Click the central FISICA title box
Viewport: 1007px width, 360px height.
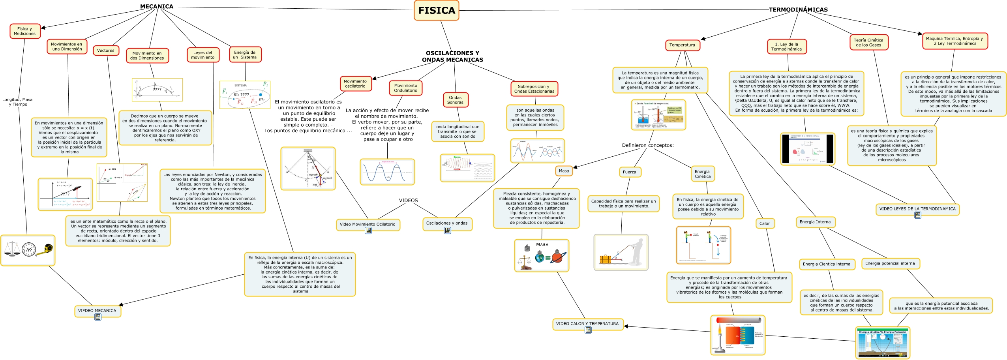[x=436, y=11]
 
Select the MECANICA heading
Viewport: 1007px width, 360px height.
[x=157, y=6]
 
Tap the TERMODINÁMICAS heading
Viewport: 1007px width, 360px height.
[x=798, y=9]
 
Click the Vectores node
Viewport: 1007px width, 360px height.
[x=106, y=51]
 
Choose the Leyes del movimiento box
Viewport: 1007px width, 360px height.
[x=203, y=55]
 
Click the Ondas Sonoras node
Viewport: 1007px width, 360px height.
[x=455, y=100]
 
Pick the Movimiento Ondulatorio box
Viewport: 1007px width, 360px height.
[x=405, y=88]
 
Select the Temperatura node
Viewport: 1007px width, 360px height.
[x=682, y=45]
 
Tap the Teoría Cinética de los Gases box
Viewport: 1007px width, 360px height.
[x=868, y=43]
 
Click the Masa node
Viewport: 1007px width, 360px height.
[x=564, y=171]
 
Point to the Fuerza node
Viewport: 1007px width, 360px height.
[x=629, y=172]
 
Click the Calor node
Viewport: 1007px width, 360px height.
[x=764, y=223]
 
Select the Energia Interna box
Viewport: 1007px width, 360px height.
[x=815, y=222]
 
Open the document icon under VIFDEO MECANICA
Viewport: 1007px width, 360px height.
[x=98, y=317]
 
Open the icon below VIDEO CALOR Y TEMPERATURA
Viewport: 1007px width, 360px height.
[x=588, y=330]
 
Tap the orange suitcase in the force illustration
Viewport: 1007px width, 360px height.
[x=605, y=259]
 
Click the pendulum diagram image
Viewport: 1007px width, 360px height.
[x=308, y=169]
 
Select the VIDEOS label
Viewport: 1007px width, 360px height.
[x=408, y=201]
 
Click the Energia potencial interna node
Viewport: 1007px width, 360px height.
[x=890, y=263]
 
